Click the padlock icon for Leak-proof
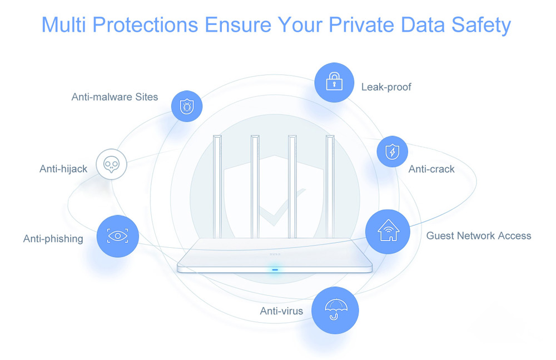coord(334,83)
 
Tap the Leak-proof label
coord(386,87)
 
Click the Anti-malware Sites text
coord(115,97)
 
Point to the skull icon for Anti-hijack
coord(111,164)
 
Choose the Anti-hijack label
coord(63,169)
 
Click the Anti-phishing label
coord(53,239)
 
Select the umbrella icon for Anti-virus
coord(334,310)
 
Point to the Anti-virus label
coord(281,311)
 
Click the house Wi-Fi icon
coord(388,231)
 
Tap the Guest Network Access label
coord(478,236)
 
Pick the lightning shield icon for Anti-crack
coord(393,152)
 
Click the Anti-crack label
coord(431,169)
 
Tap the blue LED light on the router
coord(275,271)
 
